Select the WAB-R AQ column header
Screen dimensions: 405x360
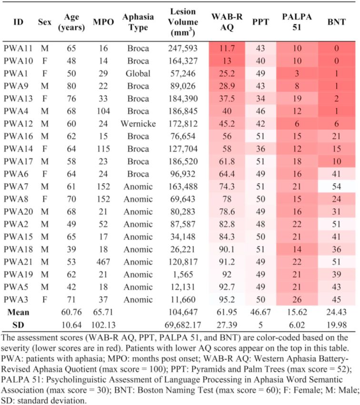[x=227, y=22]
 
